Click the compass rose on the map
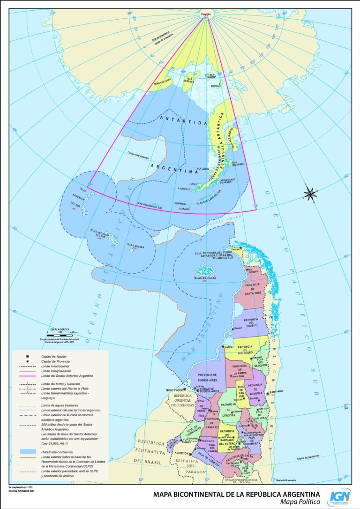pos(310,193)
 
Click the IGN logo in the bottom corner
pos(339,497)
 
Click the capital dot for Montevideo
pos(184,389)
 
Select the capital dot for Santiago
pos(268,394)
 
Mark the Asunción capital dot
pos(191,454)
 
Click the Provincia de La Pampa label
pos(239,368)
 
